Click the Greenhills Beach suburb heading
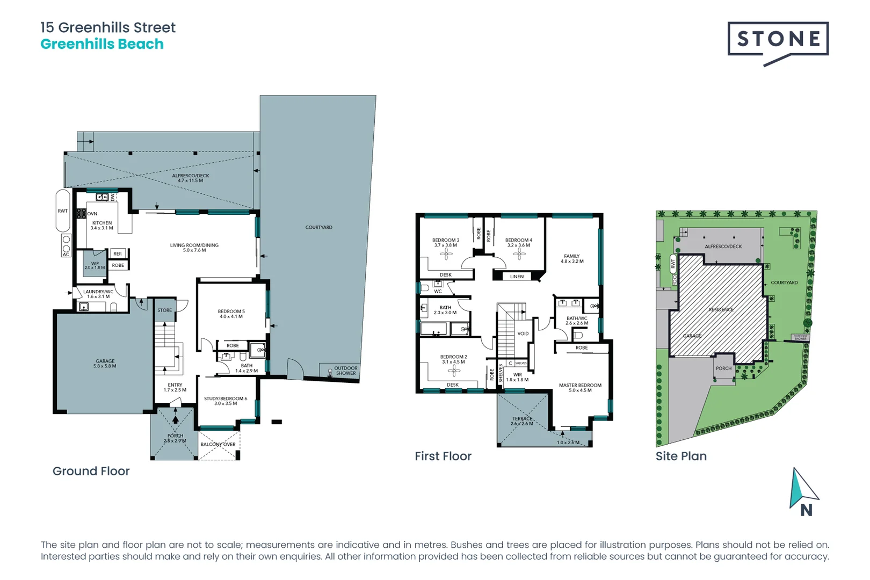pyautogui.click(x=102, y=44)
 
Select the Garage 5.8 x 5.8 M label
pyautogui.click(x=105, y=364)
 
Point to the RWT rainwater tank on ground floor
pyautogui.click(x=63, y=211)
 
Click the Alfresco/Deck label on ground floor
pyautogui.click(x=191, y=178)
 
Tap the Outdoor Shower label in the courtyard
pyautogui.click(x=345, y=371)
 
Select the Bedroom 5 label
pyautogui.click(x=231, y=314)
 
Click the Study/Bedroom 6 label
pyautogui.click(x=226, y=401)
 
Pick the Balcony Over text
pyautogui.click(x=218, y=444)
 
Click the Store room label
pyautogui.click(x=165, y=310)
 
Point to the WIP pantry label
pyautogui.click(x=95, y=265)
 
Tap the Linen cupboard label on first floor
pyautogui.click(x=517, y=277)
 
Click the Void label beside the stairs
pyautogui.click(x=523, y=334)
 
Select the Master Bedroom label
pyautogui.click(x=580, y=387)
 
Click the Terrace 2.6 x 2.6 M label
pyautogui.click(x=522, y=421)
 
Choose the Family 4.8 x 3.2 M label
pyautogui.click(x=572, y=258)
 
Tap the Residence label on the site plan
pyautogui.click(x=721, y=309)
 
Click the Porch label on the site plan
pyautogui.click(x=723, y=368)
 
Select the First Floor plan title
pyautogui.click(x=443, y=456)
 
